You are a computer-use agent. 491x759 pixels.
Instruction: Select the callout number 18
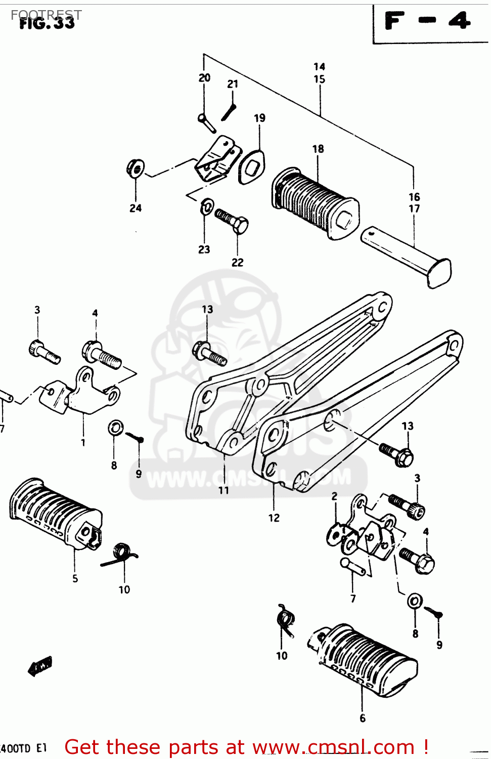(x=318, y=149)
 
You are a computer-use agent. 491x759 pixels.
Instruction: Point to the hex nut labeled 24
(x=136, y=168)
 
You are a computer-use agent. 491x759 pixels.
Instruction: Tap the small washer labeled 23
(x=207, y=206)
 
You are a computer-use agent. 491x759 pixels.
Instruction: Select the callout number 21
(x=233, y=84)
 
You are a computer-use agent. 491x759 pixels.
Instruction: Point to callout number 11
(x=224, y=490)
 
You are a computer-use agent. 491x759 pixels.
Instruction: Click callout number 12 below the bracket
(x=274, y=518)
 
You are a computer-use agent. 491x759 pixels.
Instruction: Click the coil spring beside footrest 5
(x=120, y=554)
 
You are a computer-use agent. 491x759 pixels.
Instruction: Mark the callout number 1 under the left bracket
(x=83, y=442)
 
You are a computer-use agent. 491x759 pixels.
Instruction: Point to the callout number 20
(x=204, y=77)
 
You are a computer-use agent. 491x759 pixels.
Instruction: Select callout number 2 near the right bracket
(x=334, y=496)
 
